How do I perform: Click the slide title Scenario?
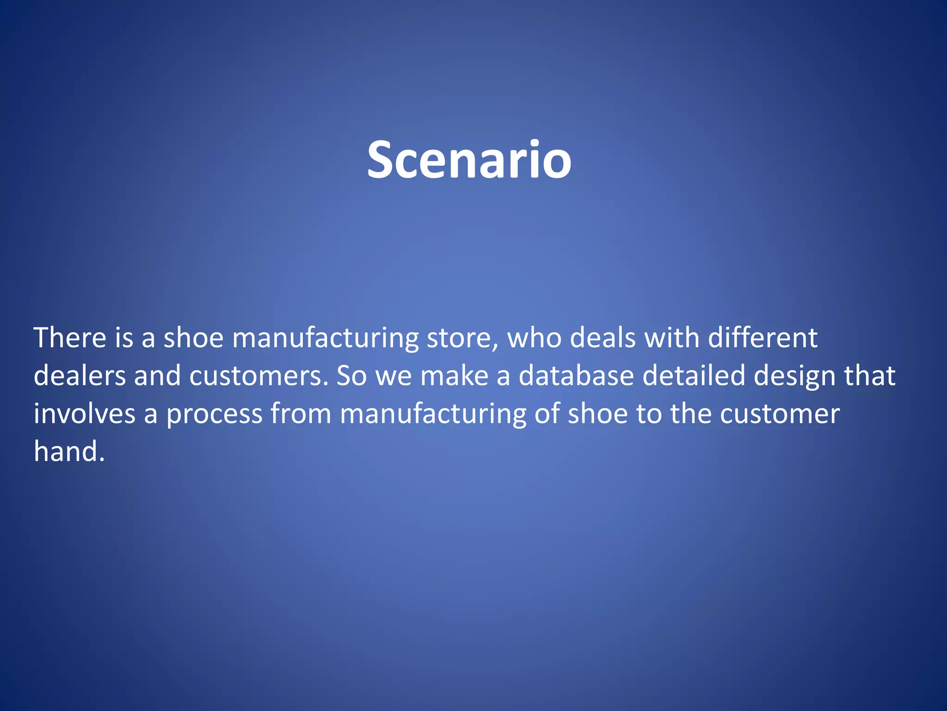[x=469, y=160]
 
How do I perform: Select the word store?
[x=462, y=337]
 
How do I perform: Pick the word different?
[x=763, y=337]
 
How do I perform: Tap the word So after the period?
[x=351, y=375]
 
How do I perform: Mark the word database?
[x=576, y=375]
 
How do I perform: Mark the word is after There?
[x=124, y=337]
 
